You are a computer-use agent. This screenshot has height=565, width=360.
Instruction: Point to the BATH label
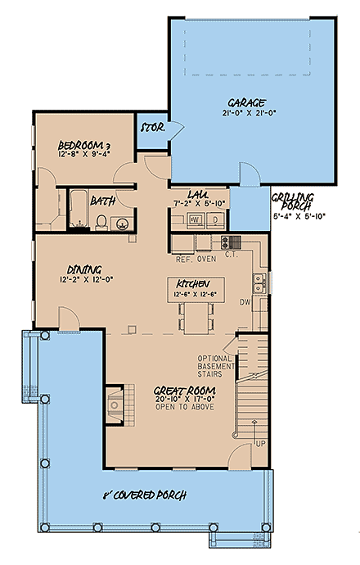click(x=102, y=200)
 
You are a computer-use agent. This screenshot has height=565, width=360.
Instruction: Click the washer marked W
click(x=196, y=219)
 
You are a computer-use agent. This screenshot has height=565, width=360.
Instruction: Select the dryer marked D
click(x=214, y=219)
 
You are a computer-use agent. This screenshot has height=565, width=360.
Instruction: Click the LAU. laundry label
click(x=197, y=193)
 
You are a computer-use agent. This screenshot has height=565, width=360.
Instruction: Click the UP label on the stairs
click(x=259, y=443)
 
